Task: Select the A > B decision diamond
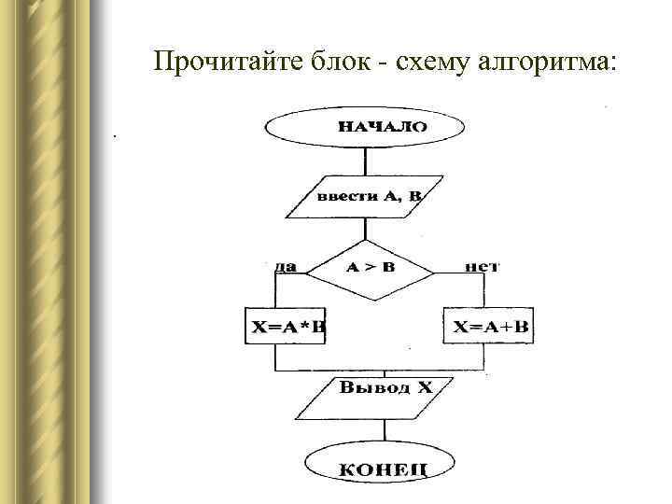coord(371,268)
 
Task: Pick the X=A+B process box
coord(491,327)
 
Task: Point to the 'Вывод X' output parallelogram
coord(383,399)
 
